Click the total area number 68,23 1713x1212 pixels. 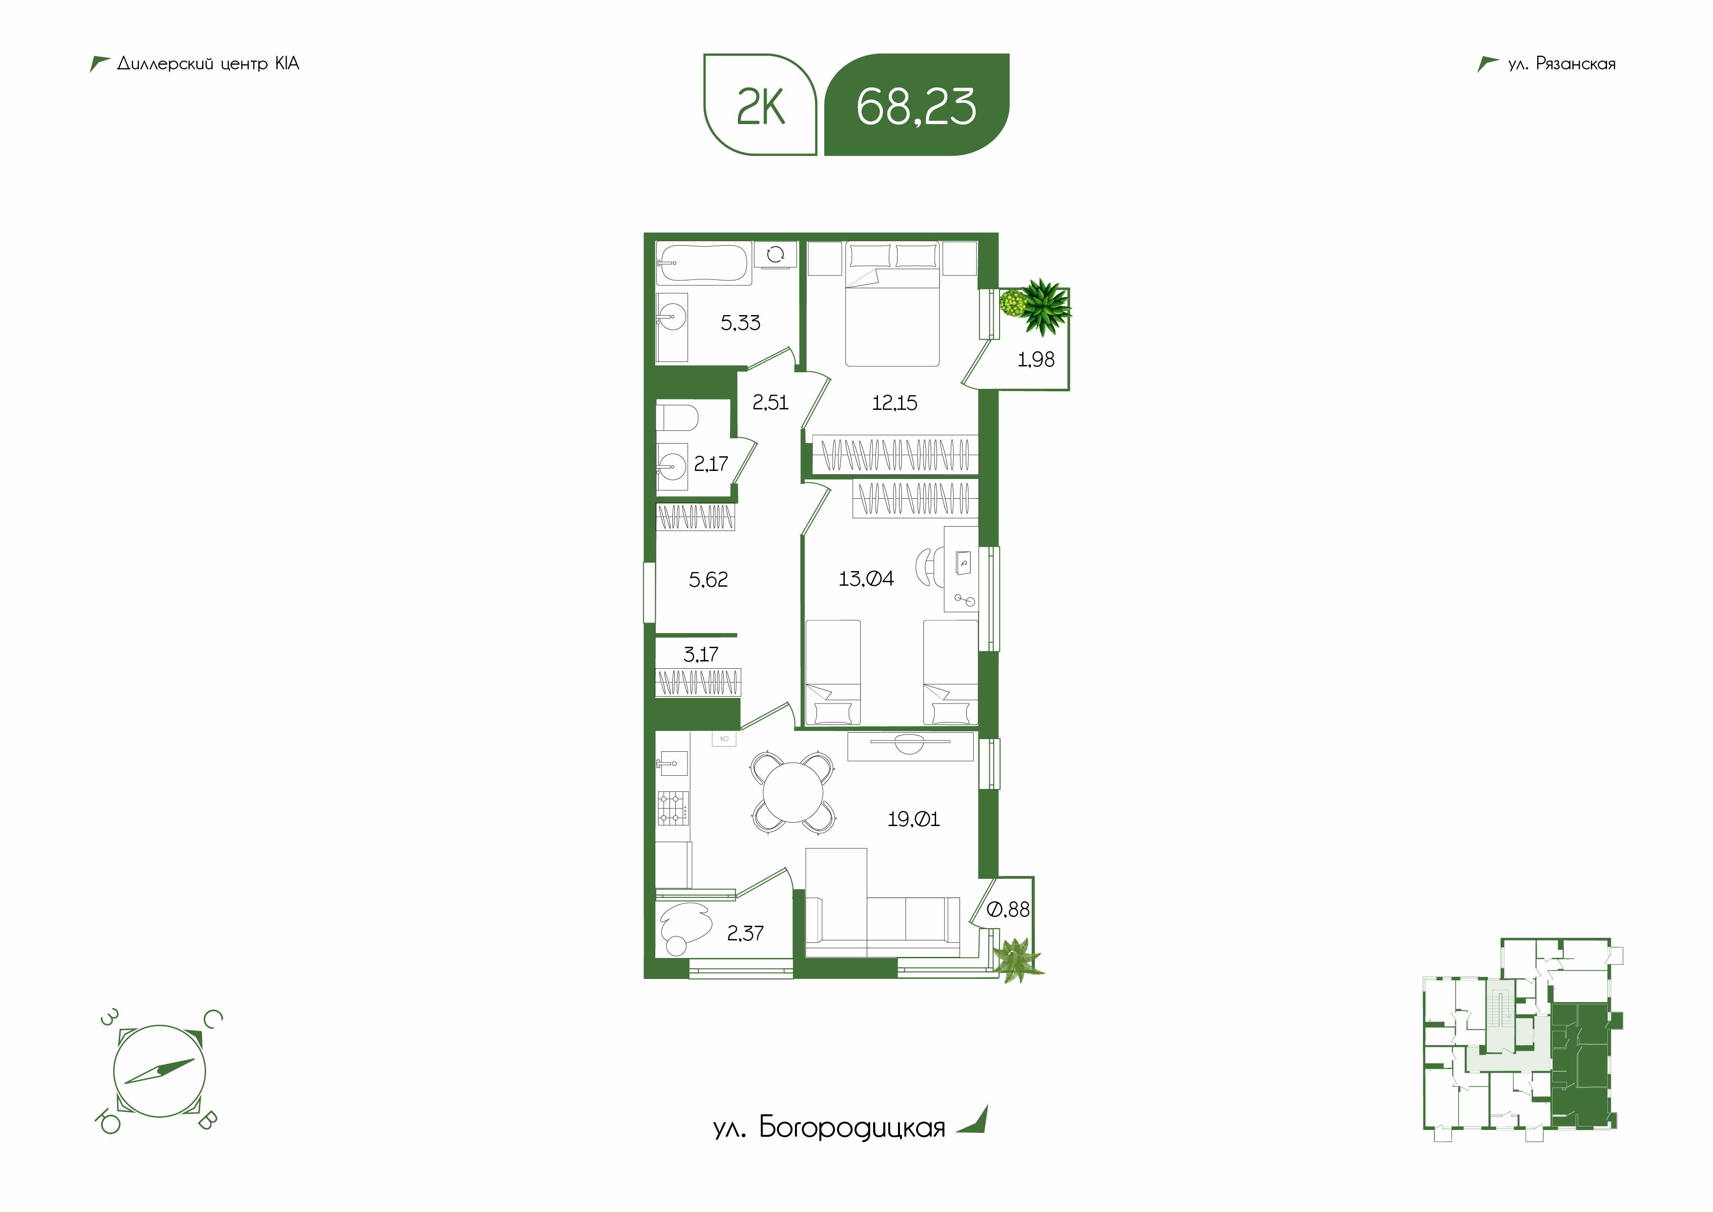coord(916,106)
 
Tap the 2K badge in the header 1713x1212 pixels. coord(760,105)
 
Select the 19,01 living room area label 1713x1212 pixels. coord(913,819)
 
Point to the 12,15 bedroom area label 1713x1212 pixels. coord(895,403)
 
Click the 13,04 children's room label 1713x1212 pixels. coord(865,578)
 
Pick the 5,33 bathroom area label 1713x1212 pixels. coord(740,322)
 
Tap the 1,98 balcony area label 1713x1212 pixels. coord(1036,360)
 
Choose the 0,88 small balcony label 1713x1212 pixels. coord(1008,910)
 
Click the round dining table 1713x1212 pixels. coord(793,792)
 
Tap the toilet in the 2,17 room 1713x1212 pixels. coord(677,418)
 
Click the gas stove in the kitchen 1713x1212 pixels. coord(673,808)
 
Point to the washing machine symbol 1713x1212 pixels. coord(775,255)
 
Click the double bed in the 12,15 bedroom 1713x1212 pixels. coord(892,304)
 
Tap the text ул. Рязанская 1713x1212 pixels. coord(1562,64)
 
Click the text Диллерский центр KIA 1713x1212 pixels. coord(208,64)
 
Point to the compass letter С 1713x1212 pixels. coord(212,1020)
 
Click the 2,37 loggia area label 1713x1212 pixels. coord(745,934)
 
